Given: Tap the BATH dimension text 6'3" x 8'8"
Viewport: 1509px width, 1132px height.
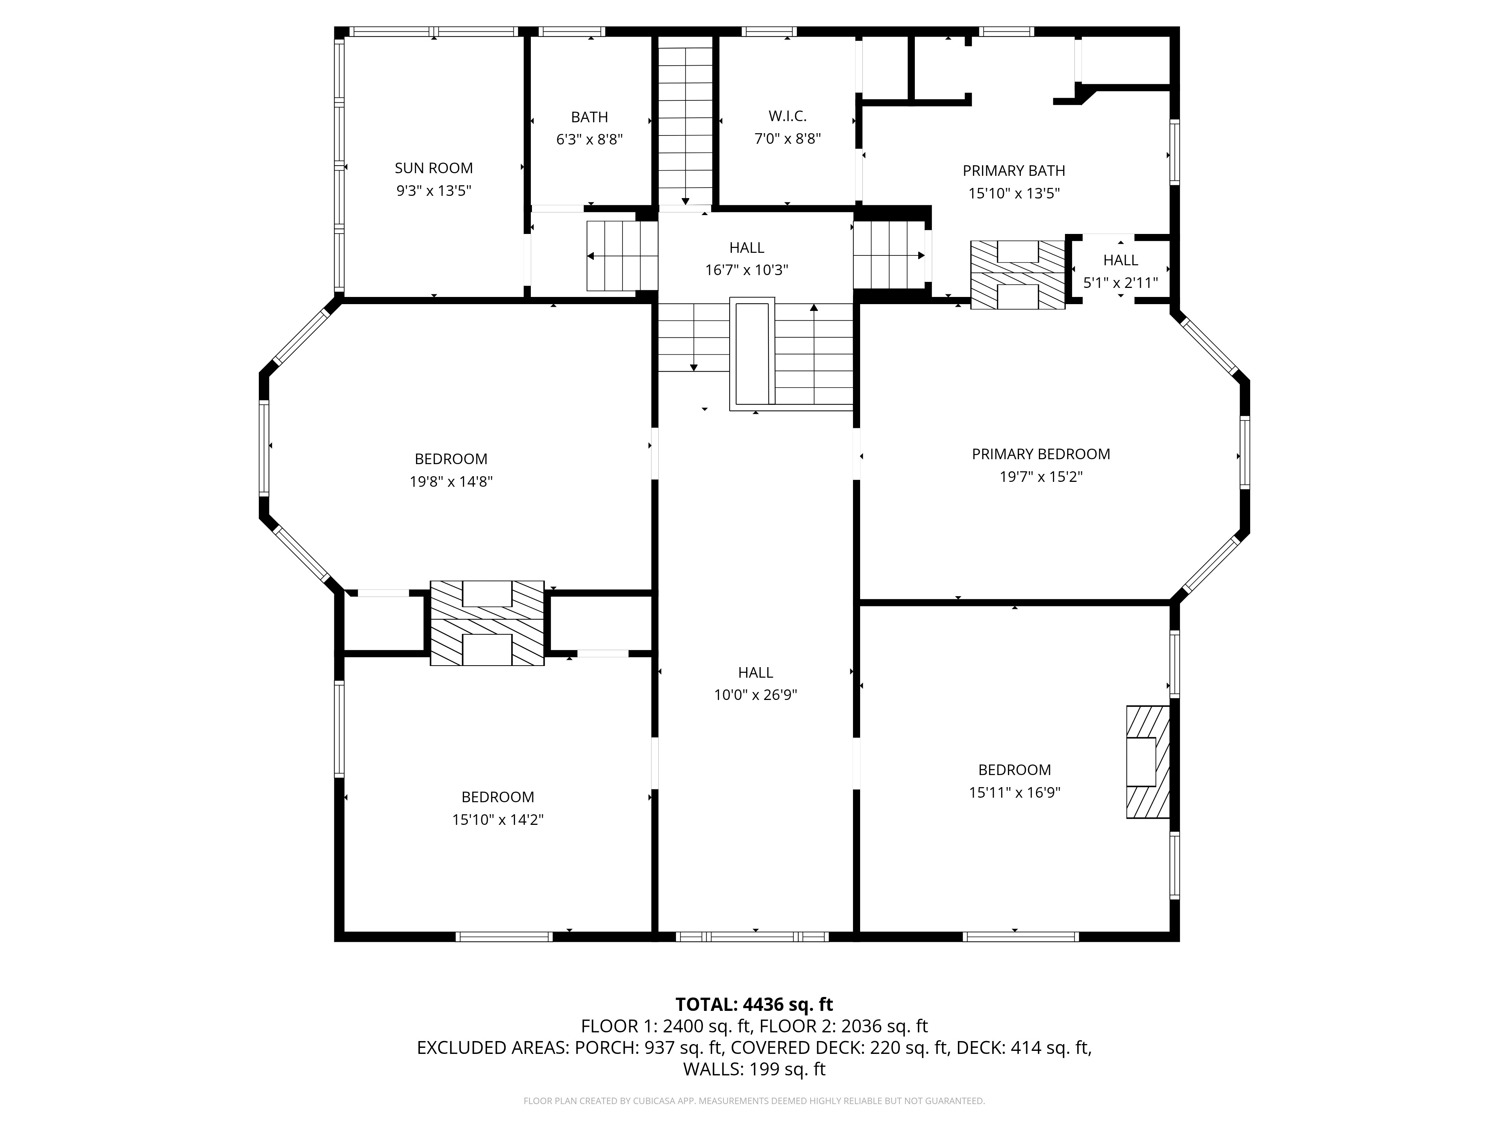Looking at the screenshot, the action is (589, 139).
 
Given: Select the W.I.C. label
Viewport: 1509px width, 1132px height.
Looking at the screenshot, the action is (787, 117).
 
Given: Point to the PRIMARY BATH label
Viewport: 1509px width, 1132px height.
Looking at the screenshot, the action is (1014, 171).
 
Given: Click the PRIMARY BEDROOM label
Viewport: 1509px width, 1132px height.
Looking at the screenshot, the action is (1041, 454).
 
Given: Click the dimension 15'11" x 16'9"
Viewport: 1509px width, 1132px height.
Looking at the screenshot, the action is (1014, 792).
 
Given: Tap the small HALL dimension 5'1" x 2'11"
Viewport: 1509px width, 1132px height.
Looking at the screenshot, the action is (1121, 283).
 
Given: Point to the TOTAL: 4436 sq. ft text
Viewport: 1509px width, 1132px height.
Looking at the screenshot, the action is (754, 1004).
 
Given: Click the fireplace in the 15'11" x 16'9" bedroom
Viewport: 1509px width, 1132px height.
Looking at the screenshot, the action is (1148, 761).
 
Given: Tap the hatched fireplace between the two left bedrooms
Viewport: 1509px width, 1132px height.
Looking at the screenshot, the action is (487, 623).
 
